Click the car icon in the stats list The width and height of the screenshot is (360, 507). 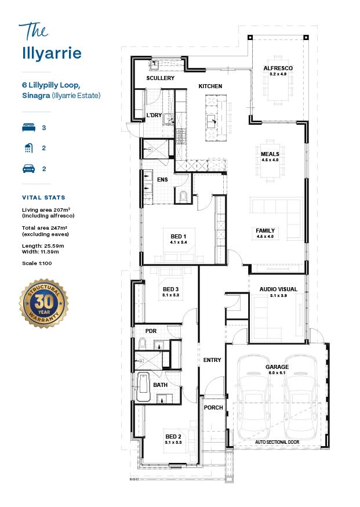coord(27,169)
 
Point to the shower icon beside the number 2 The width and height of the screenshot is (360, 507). coord(27,148)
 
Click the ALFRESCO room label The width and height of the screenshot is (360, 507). coord(278,68)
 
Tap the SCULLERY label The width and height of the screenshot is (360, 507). coord(160,78)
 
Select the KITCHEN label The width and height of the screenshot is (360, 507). coord(210,86)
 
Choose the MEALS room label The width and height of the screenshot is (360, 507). coord(270,154)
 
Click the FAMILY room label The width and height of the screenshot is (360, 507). coord(266,230)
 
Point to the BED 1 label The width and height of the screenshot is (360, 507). coord(179,236)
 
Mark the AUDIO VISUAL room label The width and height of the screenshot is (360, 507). coord(278,289)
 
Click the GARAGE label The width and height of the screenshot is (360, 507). coord(277,367)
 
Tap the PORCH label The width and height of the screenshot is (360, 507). coord(213,407)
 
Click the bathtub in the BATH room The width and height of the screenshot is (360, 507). coord(143,387)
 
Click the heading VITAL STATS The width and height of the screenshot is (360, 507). coord(43,197)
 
